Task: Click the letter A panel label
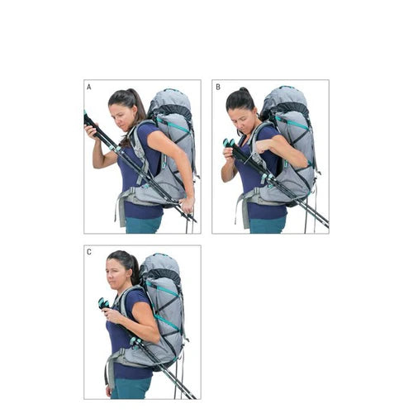pos(88,87)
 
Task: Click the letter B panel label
pos(218,87)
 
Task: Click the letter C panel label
pos(88,252)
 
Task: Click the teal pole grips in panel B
pos(229,142)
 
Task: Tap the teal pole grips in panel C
pos(103,302)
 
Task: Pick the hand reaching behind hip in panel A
pos(188,206)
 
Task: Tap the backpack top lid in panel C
pos(161,263)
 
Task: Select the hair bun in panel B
pos(244,90)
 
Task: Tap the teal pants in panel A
pos(143,225)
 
